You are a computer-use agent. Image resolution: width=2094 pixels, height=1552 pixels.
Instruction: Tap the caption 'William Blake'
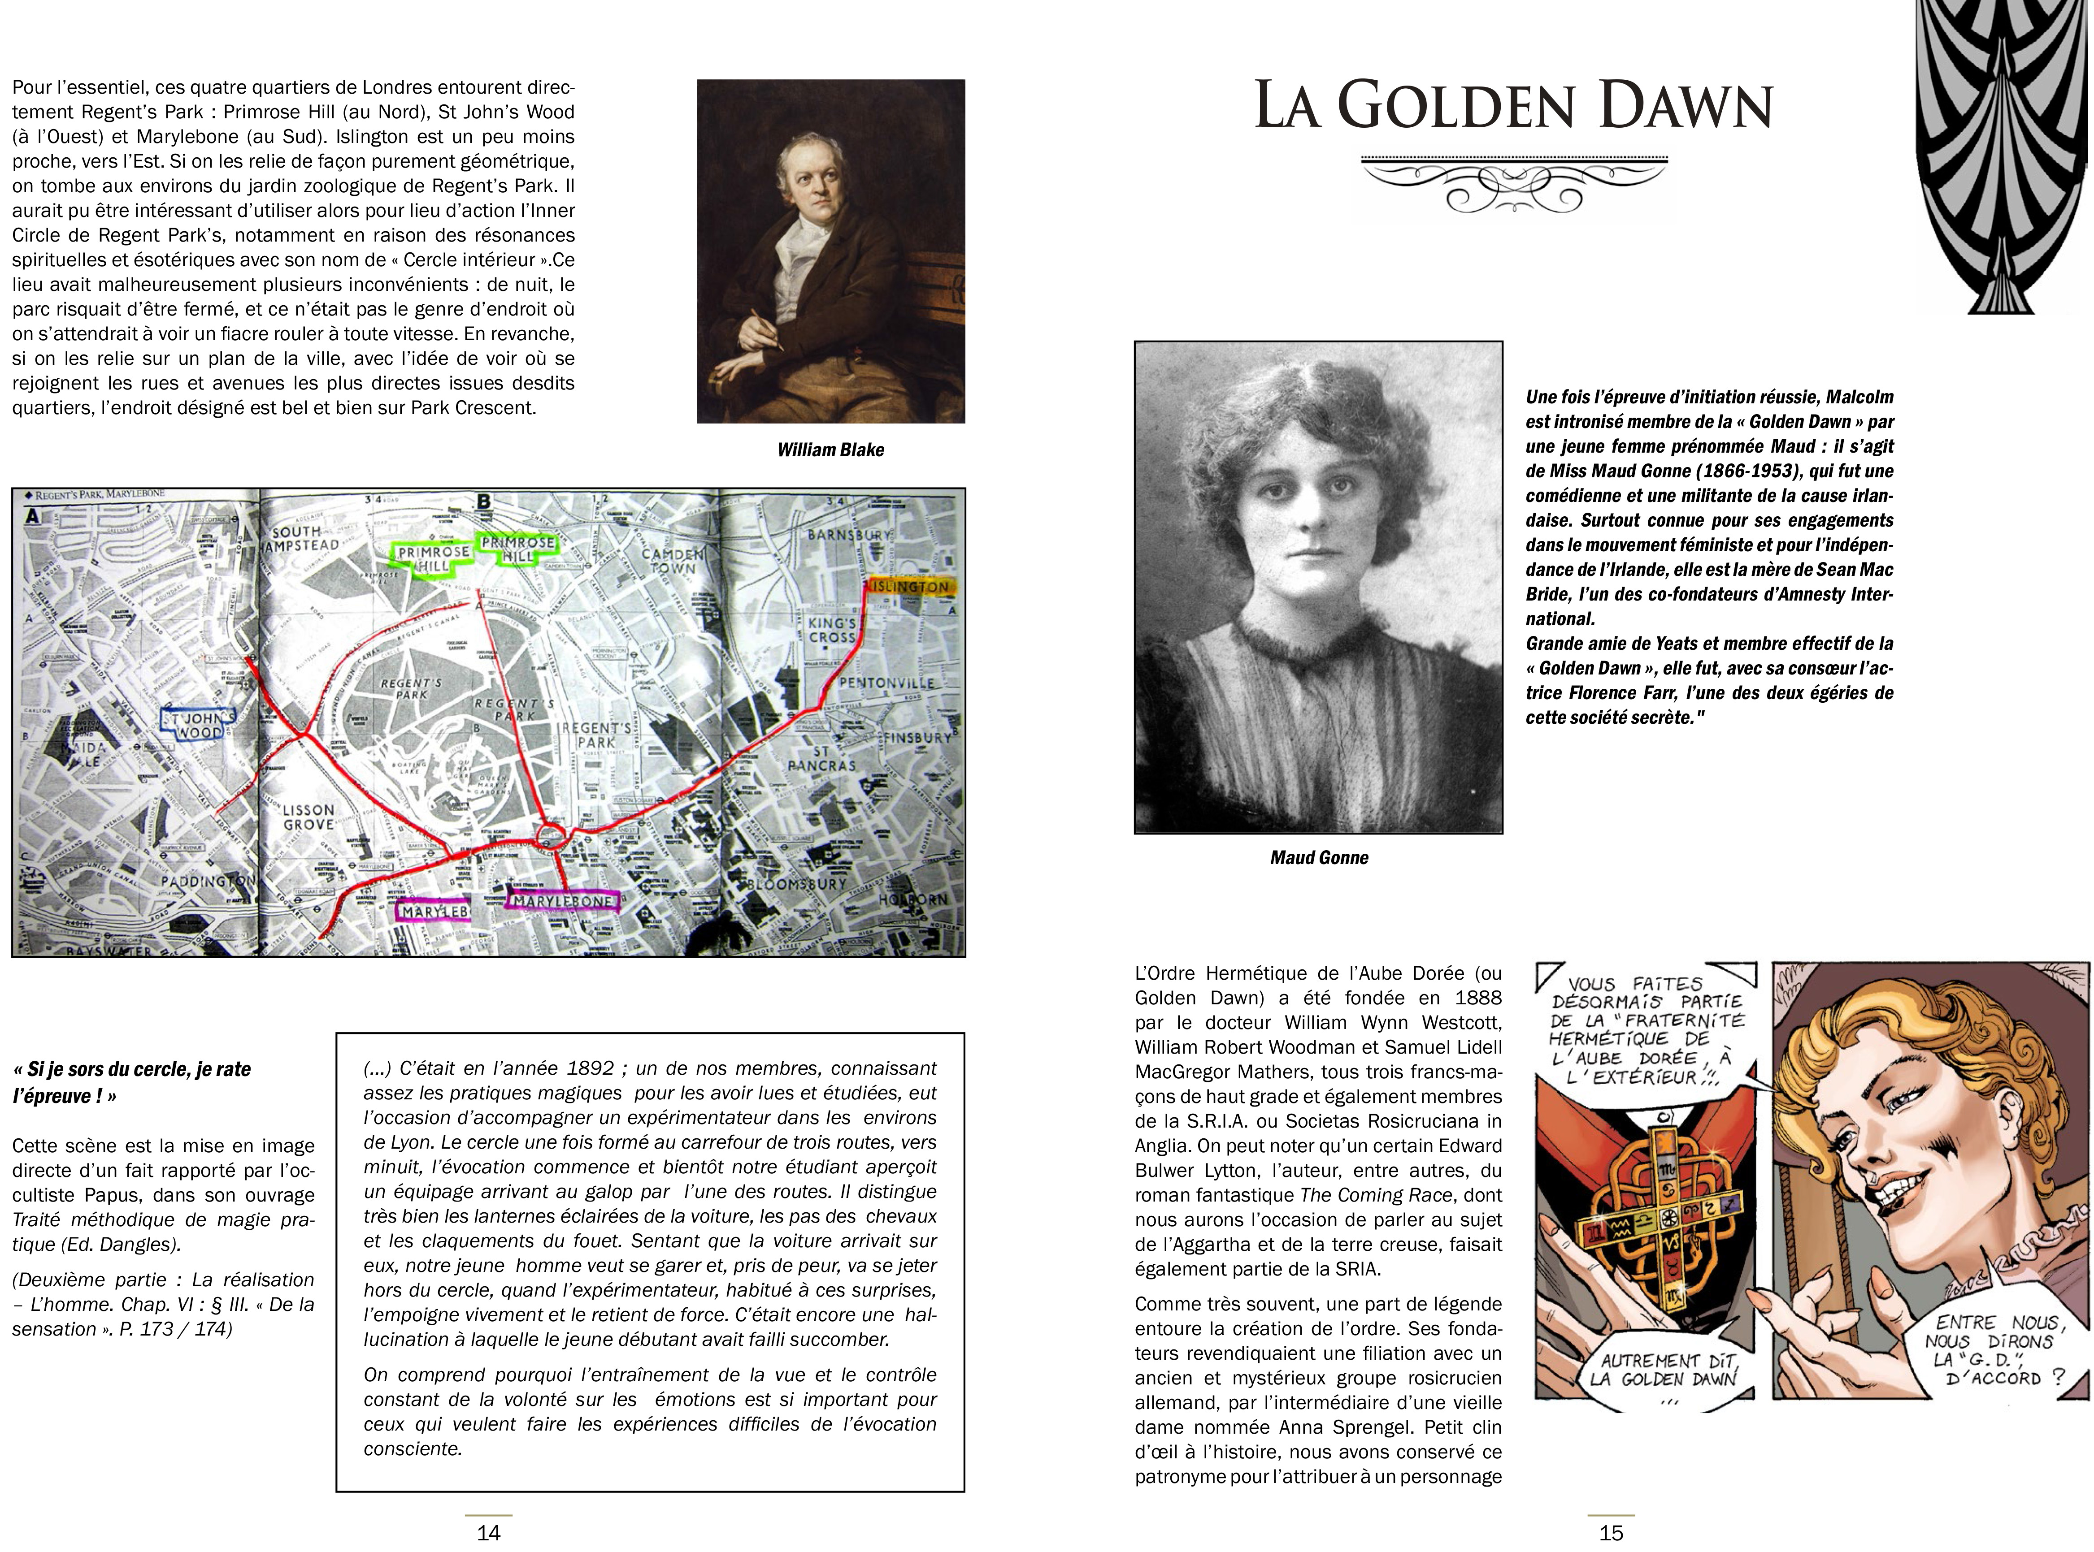[x=830, y=450]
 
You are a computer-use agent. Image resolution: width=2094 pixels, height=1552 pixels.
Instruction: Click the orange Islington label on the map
[x=910, y=586]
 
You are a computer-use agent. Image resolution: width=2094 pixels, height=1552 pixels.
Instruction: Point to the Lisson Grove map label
[x=309, y=817]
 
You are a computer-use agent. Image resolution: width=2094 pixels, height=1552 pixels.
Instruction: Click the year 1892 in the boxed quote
[x=590, y=1068]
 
